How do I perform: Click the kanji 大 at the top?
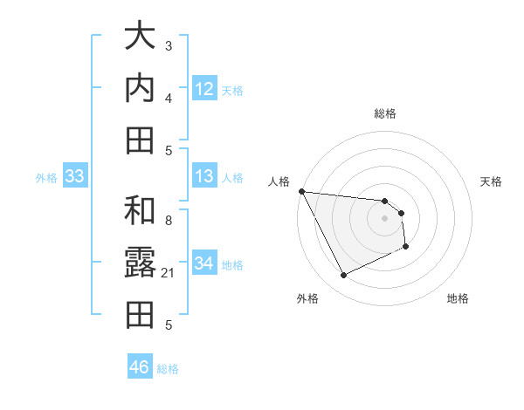140,38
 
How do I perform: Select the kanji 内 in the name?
140,88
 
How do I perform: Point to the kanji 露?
140,264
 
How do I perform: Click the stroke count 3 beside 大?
169,45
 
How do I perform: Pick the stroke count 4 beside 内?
169,97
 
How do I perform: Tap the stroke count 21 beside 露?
169,273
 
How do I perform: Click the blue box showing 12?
204,88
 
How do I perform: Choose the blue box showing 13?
204,176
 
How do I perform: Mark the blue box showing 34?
204,263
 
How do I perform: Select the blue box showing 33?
75,176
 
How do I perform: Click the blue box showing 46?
140,367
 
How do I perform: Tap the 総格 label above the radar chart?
384,113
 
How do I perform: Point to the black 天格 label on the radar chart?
492,181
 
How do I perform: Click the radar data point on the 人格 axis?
301,191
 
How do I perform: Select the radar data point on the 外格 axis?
343,276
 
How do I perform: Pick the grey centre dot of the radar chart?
384,219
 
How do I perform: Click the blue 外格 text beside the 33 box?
46,177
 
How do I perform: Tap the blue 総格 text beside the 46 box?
168,368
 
